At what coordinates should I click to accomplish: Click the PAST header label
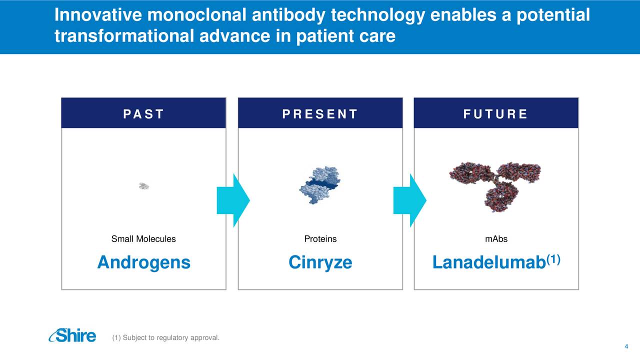[x=143, y=114]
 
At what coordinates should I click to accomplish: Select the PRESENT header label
[x=320, y=114]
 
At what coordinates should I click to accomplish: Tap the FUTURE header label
[x=495, y=114]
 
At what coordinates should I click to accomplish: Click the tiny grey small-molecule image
[x=144, y=186]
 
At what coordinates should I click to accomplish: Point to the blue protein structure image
[x=320, y=185]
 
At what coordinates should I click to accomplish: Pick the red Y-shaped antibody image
[x=495, y=187]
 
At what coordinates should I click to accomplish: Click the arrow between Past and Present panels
[x=233, y=200]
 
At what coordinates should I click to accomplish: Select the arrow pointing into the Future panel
[x=409, y=200]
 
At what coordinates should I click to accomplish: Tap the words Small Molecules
[x=143, y=239]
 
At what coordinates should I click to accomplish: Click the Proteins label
[x=320, y=239]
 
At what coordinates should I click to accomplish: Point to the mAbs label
[x=496, y=239]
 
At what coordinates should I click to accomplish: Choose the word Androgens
[x=143, y=263]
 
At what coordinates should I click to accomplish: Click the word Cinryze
[x=320, y=263]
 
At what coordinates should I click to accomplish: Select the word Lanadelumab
[x=489, y=262]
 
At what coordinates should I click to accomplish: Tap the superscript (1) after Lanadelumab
[x=553, y=259]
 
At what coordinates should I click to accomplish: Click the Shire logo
[x=72, y=335]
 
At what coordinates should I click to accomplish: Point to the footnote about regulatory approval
[x=165, y=337]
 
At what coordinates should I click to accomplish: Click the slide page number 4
[x=626, y=346]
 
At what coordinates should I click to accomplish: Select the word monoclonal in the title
[x=196, y=15]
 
